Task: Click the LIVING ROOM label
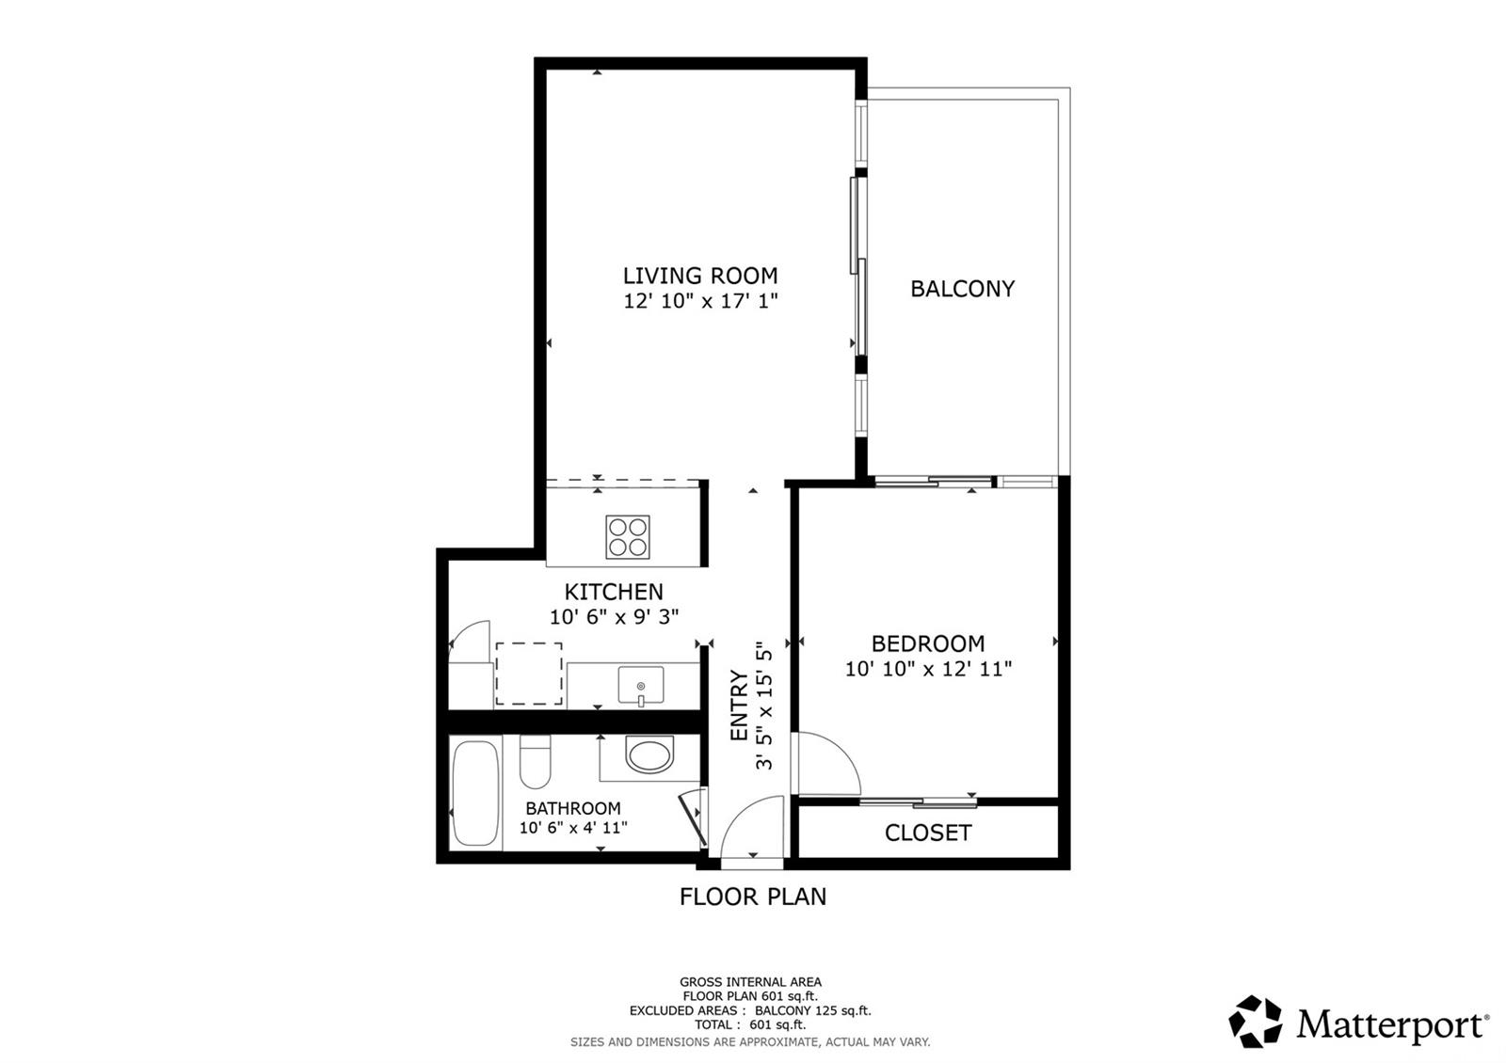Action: point(700,276)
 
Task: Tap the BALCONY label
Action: point(962,289)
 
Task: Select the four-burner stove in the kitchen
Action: point(628,537)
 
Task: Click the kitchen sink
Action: point(641,684)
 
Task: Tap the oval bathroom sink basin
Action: point(649,755)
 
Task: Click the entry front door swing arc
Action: point(750,825)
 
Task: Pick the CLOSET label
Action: point(928,833)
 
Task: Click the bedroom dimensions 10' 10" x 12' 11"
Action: point(928,669)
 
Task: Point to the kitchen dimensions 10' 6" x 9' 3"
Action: point(615,617)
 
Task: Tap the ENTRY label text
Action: point(739,705)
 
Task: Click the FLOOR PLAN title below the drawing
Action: point(753,896)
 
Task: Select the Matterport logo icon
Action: point(1256,1022)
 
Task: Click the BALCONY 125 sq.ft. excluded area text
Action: point(812,1010)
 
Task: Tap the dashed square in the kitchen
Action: point(529,674)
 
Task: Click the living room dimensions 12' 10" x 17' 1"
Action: point(700,301)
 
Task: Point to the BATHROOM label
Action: point(573,808)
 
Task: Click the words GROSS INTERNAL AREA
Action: point(750,982)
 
